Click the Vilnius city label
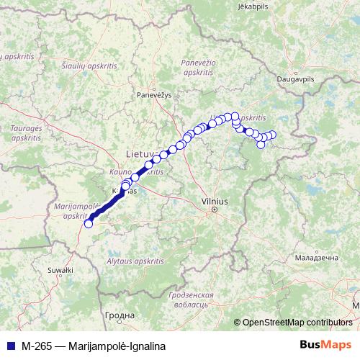(214, 202)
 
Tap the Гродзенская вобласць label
(191, 300)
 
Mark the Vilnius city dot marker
(214, 210)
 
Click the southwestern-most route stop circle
(89, 224)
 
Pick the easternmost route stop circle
(272, 135)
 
